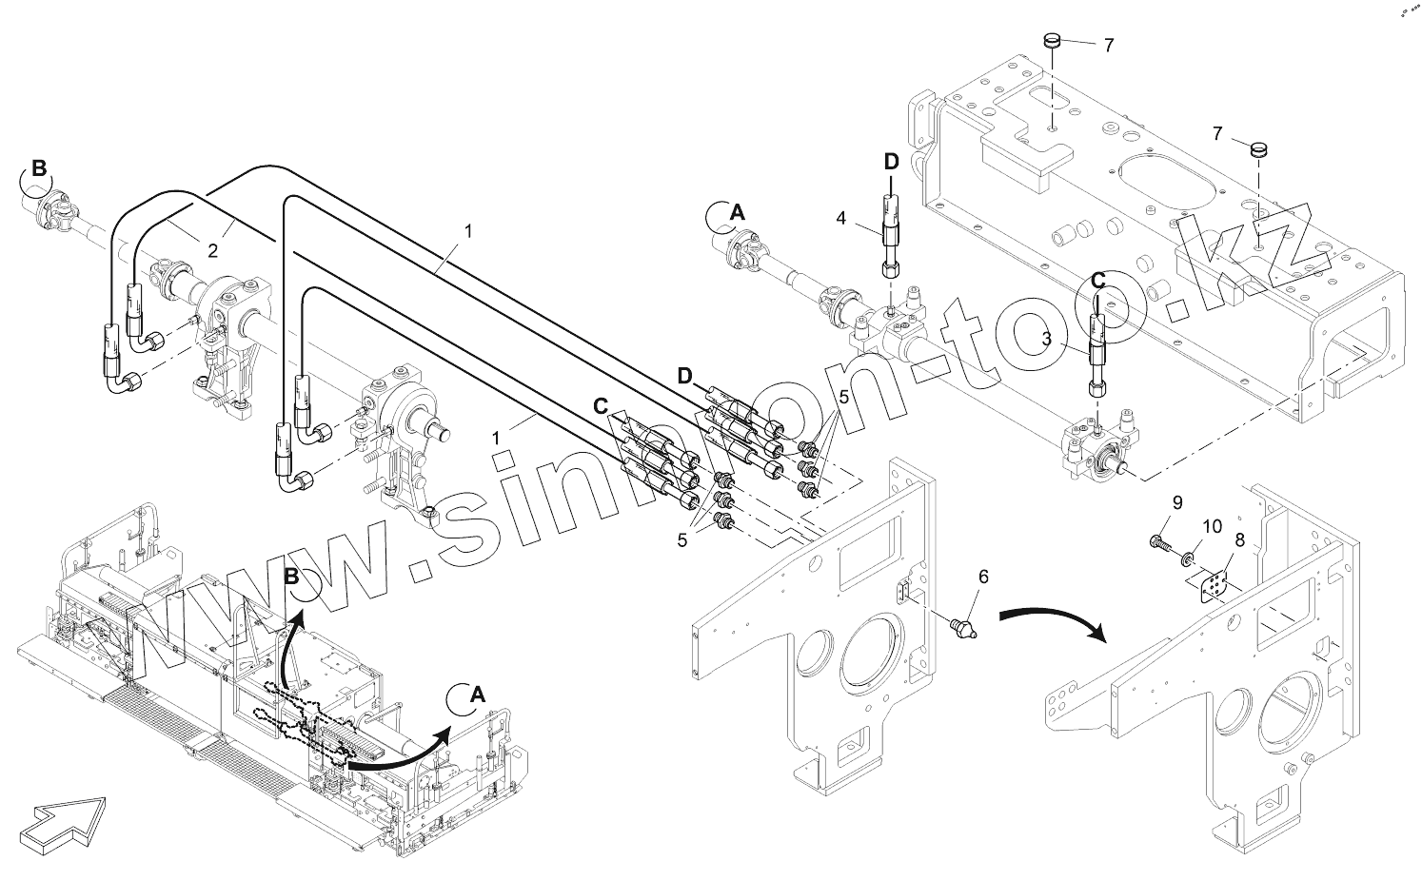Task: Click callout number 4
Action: (840, 219)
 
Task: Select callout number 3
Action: (1046, 336)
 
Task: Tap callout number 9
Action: (1176, 503)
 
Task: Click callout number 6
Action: (983, 576)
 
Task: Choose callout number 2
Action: (213, 250)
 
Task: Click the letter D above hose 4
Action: (891, 162)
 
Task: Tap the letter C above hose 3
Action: (1097, 282)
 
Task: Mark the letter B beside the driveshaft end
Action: (39, 168)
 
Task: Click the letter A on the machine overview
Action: (478, 695)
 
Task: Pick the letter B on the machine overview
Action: (292, 577)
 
